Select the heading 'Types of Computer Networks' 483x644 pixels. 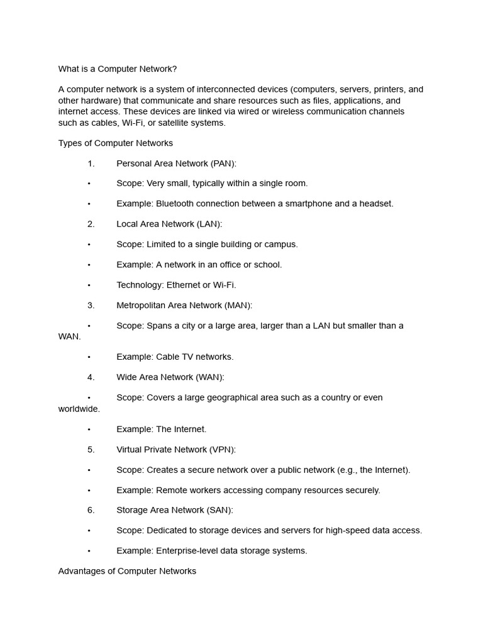point(116,143)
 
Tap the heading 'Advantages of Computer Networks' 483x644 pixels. point(127,571)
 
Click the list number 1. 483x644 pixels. point(91,164)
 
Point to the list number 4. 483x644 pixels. point(91,377)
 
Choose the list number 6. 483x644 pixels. point(91,510)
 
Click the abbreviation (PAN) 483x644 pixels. point(223,164)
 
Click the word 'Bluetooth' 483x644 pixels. point(175,204)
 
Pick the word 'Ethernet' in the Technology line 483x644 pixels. point(183,285)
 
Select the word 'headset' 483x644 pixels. point(376,204)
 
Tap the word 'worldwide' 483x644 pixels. point(79,409)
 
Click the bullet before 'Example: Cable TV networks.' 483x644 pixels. point(89,357)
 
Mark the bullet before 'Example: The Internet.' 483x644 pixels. point(89,430)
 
